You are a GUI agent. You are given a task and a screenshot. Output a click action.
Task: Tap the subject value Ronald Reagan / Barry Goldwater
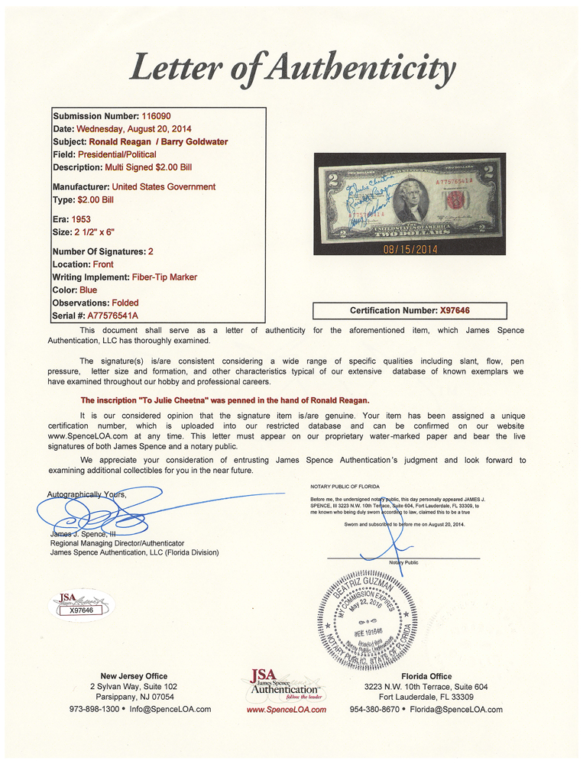pyautogui.click(x=158, y=141)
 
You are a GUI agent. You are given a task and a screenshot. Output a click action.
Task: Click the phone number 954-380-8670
pyautogui.click(x=391, y=709)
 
